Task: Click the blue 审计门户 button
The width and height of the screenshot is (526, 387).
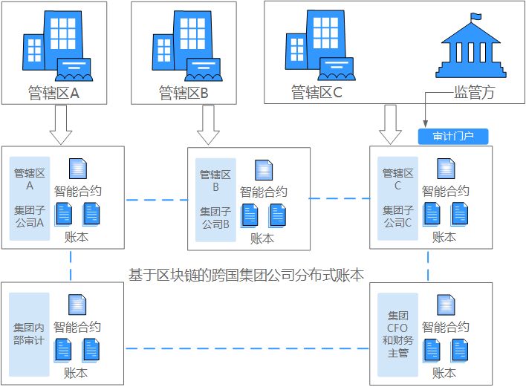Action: pyautogui.click(x=452, y=137)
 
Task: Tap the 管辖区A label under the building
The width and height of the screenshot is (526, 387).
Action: pyautogui.click(x=53, y=94)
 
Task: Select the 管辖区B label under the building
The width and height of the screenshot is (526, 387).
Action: pyautogui.click(x=184, y=94)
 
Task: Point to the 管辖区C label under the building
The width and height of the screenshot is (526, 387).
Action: pyautogui.click(x=316, y=93)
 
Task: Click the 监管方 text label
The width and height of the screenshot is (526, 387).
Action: pyautogui.click(x=474, y=93)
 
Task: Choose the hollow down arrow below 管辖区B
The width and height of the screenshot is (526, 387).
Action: pyautogui.click(x=209, y=124)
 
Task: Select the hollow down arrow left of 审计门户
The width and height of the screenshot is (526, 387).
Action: pyautogui.click(x=390, y=124)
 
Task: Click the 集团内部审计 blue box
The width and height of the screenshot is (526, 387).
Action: pyautogui.click(x=30, y=334)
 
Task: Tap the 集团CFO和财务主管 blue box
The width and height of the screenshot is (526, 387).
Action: pyautogui.click(x=398, y=335)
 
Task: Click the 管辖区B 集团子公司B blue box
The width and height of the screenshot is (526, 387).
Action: pyautogui.click(x=215, y=199)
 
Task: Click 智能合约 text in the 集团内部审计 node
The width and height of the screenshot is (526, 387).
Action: pyautogui.click(x=77, y=327)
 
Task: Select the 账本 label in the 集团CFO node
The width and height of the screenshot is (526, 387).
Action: pyautogui.click(x=444, y=373)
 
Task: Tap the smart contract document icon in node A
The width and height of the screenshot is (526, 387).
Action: pyautogui.click(x=77, y=169)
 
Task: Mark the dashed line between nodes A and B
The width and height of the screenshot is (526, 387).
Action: pyautogui.click(x=156, y=200)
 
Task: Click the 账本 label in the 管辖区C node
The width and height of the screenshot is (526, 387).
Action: pyautogui.click(x=444, y=237)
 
